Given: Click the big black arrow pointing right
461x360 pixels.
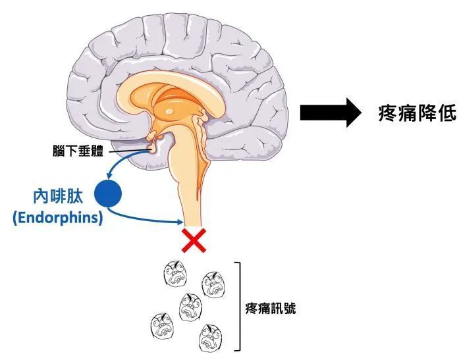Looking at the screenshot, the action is [331, 113].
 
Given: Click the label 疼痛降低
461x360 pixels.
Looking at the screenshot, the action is [418, 113].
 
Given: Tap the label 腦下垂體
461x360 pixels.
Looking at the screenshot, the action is [78, 151].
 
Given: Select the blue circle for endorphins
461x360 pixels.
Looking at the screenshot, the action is [108, 193].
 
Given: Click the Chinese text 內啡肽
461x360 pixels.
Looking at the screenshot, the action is [58, 197].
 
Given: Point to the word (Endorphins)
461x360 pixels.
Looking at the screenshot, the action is [58, 218].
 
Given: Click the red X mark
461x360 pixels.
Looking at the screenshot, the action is [194, 241].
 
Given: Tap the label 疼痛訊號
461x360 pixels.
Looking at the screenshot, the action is [271, 309].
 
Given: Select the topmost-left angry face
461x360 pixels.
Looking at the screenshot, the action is [175, 273].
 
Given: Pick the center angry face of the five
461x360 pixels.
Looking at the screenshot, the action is [190, 307].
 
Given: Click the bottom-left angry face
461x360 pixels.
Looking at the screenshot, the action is [162, 326].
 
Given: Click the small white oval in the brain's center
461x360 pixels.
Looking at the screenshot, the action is [169, 112].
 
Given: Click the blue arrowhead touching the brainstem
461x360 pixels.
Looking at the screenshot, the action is [180, 222].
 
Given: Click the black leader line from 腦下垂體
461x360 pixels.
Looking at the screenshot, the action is [128, 151].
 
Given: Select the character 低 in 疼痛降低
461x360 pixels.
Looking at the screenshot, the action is [447, 113].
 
